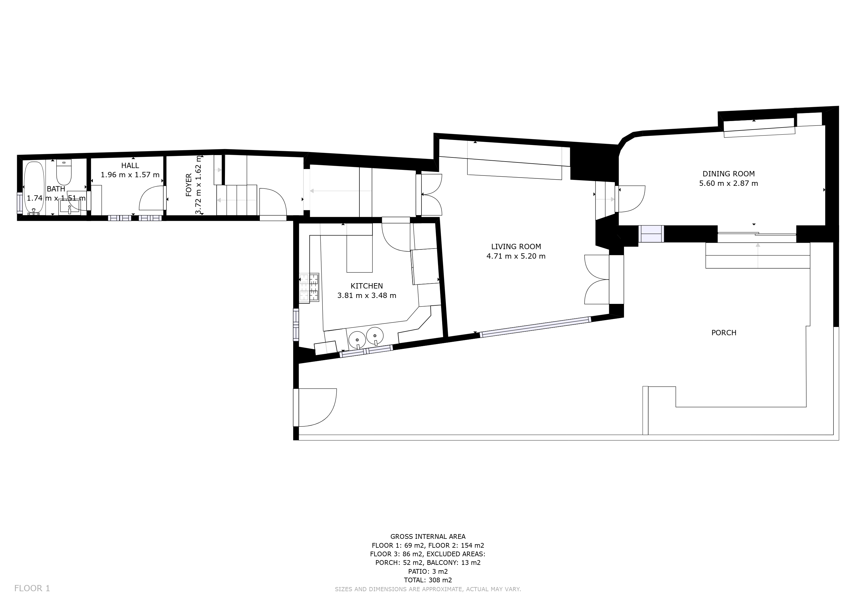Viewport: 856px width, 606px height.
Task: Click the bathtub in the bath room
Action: pyautogui.click(x=34, y=188)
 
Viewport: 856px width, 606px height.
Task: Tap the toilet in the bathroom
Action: pyautogui.click(x=64, y=172)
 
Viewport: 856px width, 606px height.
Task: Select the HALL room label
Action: pyautogui.click(x=130, y=165)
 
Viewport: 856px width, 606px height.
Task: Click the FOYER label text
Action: pyautogui.click(x=189, y=185)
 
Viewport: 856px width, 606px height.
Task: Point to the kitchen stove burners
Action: pyautogui.click(x=309, y=287)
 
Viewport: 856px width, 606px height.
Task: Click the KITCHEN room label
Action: pyautogui.click(x=367, y=286)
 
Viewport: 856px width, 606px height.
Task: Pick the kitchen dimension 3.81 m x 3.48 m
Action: pyautogui.click(x=367, y=296)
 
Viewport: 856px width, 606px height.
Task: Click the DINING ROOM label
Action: pyautogui.click(x=729, y=173)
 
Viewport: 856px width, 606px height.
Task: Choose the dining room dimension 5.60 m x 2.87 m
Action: pyautogui.click(x=729, y=183)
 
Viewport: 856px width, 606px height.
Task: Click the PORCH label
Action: pyautogui.click(x=724, y=333)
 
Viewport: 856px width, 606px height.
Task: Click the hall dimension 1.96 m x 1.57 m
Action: pyautogui.click(x=130, y=175)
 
